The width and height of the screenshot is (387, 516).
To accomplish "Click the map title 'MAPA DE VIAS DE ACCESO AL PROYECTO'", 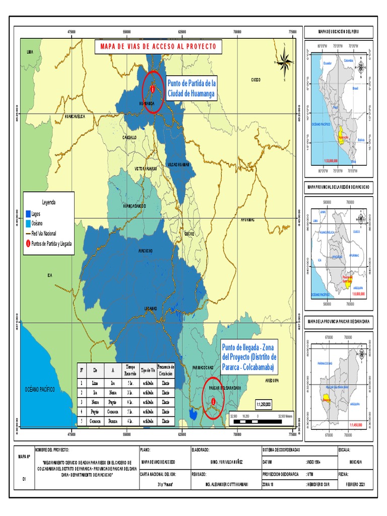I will [158, 46].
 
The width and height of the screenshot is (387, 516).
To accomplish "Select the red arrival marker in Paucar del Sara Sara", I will [214, 401].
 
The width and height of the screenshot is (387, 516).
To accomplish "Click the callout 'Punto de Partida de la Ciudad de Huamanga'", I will [191, 88].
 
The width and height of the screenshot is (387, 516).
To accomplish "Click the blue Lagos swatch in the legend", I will [28, 214].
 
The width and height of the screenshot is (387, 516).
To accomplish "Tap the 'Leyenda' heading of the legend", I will [48, 202].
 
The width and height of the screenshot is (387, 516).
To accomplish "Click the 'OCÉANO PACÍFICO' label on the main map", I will [40, 390].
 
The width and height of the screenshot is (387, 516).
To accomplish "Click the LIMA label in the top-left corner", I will [30, 52].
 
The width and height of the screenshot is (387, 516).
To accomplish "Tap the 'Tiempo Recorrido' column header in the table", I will [131, 369].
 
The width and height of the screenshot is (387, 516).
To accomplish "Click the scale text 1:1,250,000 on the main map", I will [264, 404].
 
